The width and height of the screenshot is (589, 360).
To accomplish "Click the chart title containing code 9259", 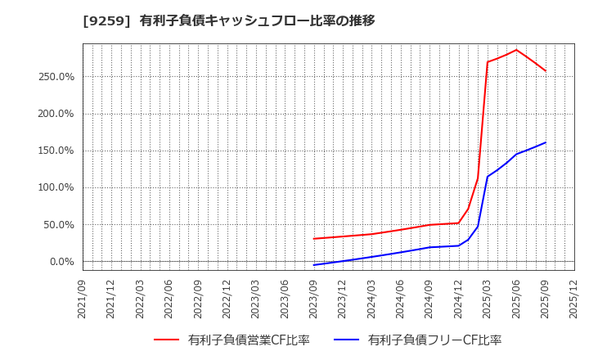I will point(229,20).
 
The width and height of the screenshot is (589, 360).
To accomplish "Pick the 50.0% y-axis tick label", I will point(60,225).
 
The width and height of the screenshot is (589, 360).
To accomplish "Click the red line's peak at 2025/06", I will point(516,50).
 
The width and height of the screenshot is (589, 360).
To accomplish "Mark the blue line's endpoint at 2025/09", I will point(546,142).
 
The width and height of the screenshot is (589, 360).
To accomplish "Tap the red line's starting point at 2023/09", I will point(314,239).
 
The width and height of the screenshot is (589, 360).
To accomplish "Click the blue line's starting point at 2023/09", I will point(314,265).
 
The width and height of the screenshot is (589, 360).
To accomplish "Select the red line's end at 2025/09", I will point(546,71).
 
